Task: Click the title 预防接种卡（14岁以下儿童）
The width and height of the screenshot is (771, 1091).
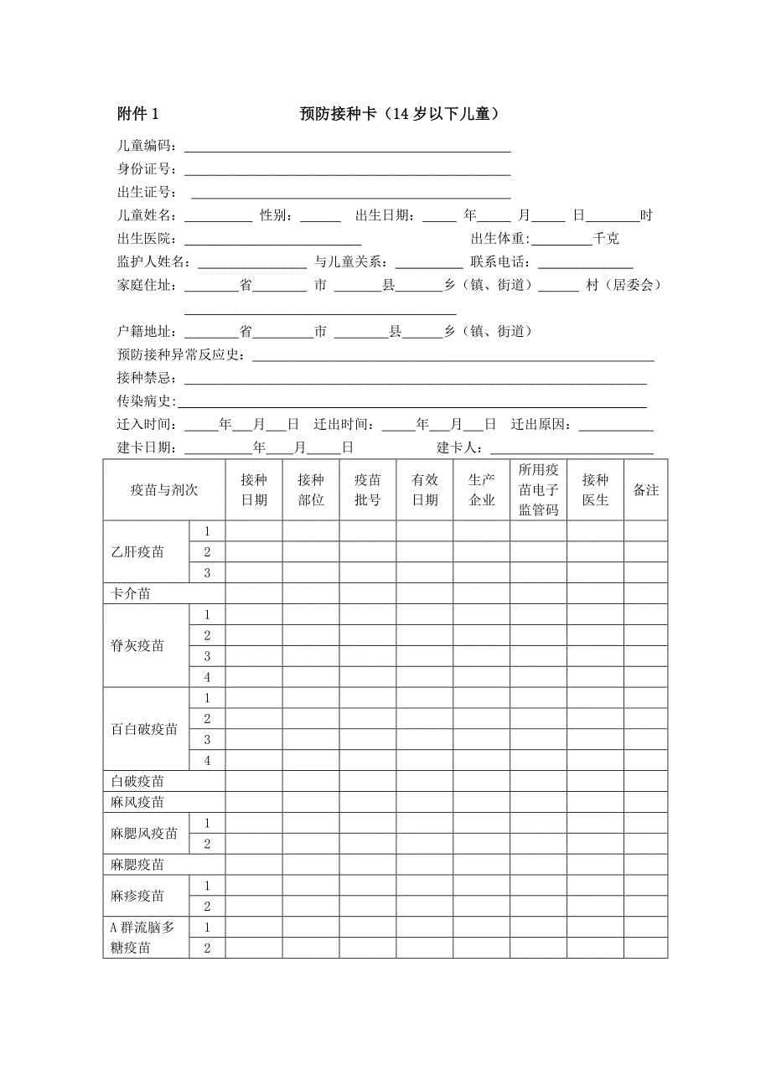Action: [400, 114]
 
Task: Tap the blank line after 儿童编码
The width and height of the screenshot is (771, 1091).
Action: [347, 148]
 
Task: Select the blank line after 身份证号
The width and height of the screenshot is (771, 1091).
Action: [347, 171]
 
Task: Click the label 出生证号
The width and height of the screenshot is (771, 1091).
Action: [147, 193]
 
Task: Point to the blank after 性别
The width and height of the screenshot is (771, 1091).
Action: [320, 216]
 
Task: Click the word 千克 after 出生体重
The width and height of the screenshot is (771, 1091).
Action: [606, 239]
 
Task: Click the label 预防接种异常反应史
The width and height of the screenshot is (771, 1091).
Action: [182, 355]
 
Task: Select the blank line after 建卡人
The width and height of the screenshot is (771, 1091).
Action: [572, 448]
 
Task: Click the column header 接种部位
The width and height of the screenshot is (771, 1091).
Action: [310, 490]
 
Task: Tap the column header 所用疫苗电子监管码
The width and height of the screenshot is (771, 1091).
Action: [538, 490]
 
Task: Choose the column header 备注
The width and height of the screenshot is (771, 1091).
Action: [645, 490]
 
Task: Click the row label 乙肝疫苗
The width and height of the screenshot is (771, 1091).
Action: [137, 552]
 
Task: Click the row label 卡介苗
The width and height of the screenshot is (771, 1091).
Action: [131, 594]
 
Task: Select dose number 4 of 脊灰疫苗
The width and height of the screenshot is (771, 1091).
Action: [207, 677]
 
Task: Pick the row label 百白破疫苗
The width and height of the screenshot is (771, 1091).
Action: [144, 729]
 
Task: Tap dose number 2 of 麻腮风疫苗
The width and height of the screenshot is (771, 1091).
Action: [207, 844]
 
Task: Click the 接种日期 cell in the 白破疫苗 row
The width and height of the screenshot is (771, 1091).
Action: [253, 781]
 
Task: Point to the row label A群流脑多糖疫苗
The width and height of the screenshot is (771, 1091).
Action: [143, 938]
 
